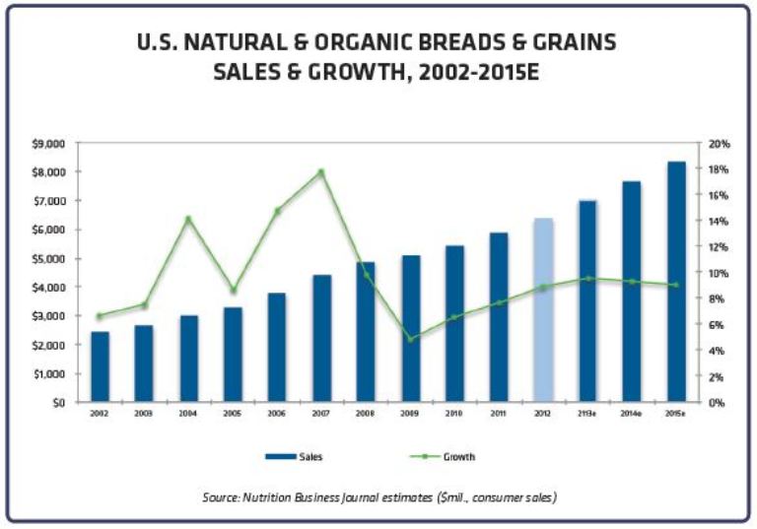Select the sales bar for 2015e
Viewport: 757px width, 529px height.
click(x=676, y=282)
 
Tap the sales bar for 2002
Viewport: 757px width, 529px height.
click(x=100, y=366)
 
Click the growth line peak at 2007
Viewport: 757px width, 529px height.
click(x=321, y=171)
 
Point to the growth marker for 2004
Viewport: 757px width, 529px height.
click(x=188, y=219)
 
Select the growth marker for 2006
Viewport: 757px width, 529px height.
click(x=277, y=211)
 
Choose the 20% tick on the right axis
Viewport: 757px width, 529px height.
click(x=718, y=143)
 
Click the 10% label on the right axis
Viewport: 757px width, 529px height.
click(x=718, y=273)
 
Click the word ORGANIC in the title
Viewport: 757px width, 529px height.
click(x=366, y=44)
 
